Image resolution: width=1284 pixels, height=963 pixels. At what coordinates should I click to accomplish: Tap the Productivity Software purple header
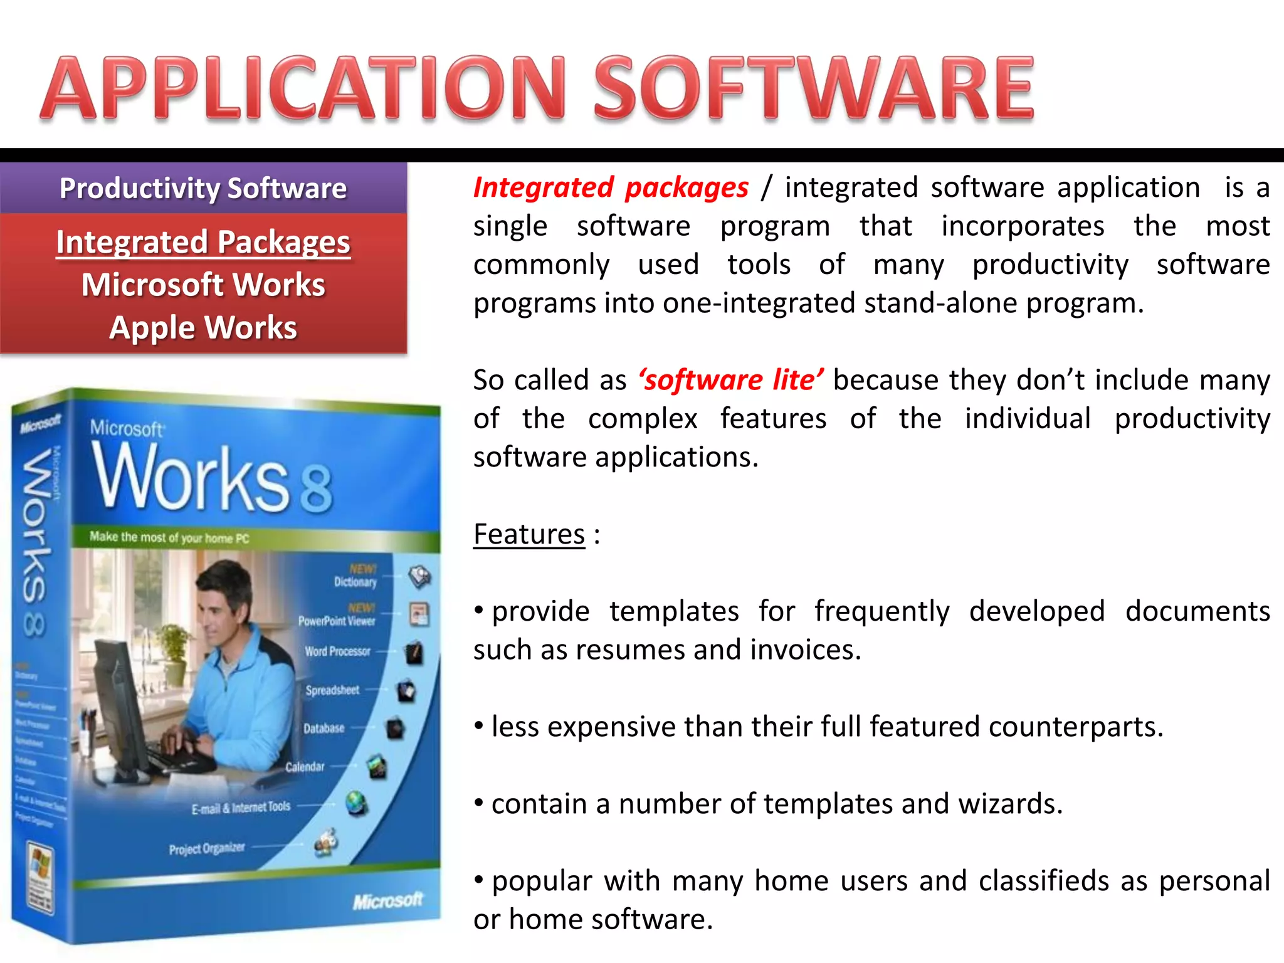coord(203,188)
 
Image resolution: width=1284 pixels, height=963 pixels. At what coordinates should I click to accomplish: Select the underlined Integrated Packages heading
coord(203,242)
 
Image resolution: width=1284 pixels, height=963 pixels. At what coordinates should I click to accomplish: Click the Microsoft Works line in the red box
coord(203,285)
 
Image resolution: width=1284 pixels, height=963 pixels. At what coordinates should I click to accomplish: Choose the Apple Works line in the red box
coord(203,327)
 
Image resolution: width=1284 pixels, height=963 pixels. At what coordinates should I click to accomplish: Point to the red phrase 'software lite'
coord(731,380)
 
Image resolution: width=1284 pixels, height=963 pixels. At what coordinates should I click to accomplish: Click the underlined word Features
coord(529,534)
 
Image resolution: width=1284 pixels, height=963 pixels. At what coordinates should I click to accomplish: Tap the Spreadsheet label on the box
coord(332,690)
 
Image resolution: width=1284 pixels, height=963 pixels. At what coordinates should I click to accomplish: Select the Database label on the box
coord(324,729)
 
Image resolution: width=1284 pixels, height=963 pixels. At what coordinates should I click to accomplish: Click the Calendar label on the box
coord(305,767)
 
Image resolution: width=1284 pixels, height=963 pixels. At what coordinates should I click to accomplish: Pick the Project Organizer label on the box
coord(206,849)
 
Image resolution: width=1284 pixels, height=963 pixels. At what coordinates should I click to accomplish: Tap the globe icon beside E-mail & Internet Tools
coord(356,803)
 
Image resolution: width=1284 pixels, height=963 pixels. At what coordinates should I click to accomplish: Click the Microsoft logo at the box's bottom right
coord(387,901)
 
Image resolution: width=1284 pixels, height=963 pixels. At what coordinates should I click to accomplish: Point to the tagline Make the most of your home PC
coord(169,537)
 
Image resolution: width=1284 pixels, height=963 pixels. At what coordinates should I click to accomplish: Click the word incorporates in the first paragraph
coord(1023,226)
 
